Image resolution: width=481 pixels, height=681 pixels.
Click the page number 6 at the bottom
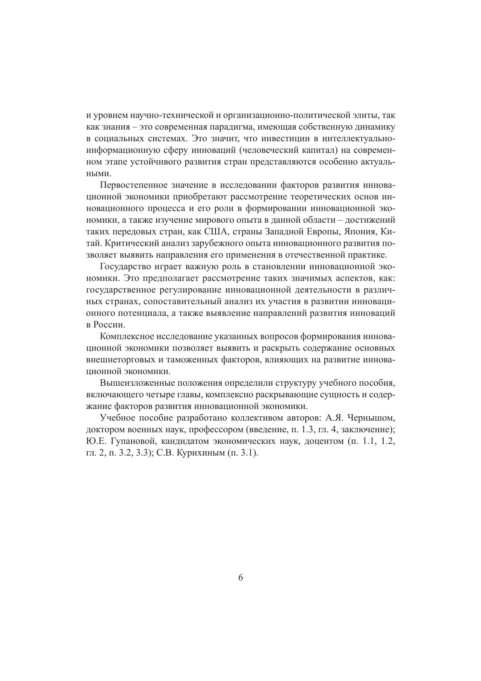click(240, 577)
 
